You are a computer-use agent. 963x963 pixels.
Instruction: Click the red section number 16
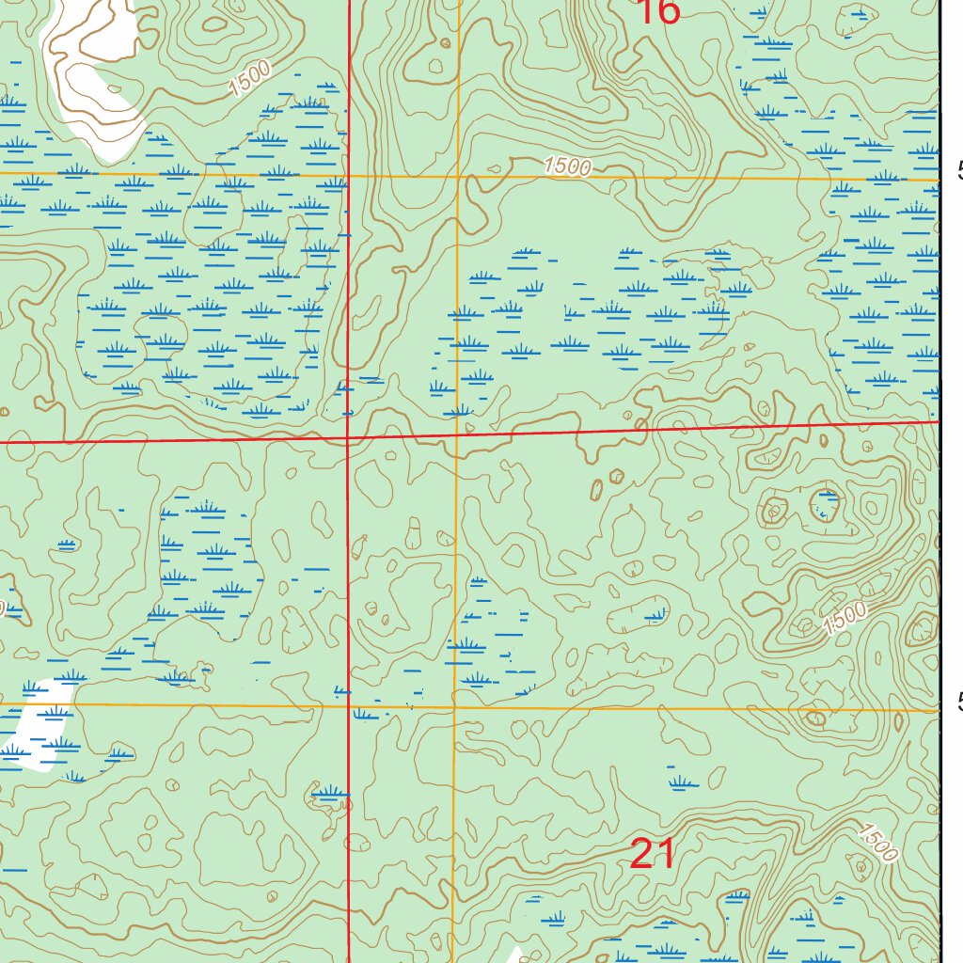click(657, 12)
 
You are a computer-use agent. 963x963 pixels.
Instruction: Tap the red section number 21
click(652, 854)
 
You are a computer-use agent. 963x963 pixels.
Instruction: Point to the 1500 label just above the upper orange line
click(567, 166)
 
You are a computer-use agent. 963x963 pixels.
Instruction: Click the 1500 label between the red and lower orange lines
click(844, 617)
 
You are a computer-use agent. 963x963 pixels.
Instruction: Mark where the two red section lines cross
click(349, 437)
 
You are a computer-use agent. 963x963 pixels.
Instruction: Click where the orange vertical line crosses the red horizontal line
click(457, 434)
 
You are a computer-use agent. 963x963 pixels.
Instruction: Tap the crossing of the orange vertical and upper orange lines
click(457, 176)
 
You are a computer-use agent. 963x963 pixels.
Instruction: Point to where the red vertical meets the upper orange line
click(349, 176)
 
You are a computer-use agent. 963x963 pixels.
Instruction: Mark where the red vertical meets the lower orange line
click(349, 704)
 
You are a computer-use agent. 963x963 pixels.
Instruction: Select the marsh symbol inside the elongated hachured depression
click(656, 616)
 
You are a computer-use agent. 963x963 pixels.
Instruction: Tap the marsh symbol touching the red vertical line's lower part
click(330, 796)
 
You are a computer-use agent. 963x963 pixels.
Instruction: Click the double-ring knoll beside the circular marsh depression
click(775, 512)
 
